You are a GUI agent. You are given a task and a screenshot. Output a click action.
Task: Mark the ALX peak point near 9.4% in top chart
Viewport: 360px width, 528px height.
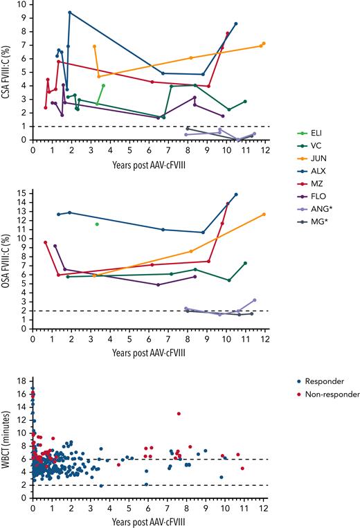point(70,12)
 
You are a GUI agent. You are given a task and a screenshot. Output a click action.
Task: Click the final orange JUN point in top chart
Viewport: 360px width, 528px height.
point(264,43)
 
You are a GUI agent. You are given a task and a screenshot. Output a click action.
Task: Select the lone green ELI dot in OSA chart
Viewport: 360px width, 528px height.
point(97,224)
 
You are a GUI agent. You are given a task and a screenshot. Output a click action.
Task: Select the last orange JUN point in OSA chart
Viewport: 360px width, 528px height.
point(264,214)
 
